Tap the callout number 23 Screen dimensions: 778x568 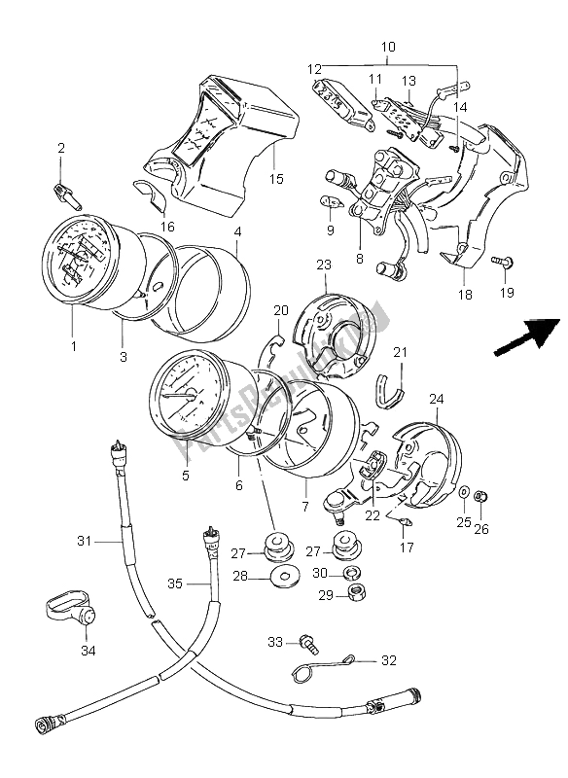pos(324,265)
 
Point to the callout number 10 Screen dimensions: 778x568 pos(387,47)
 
